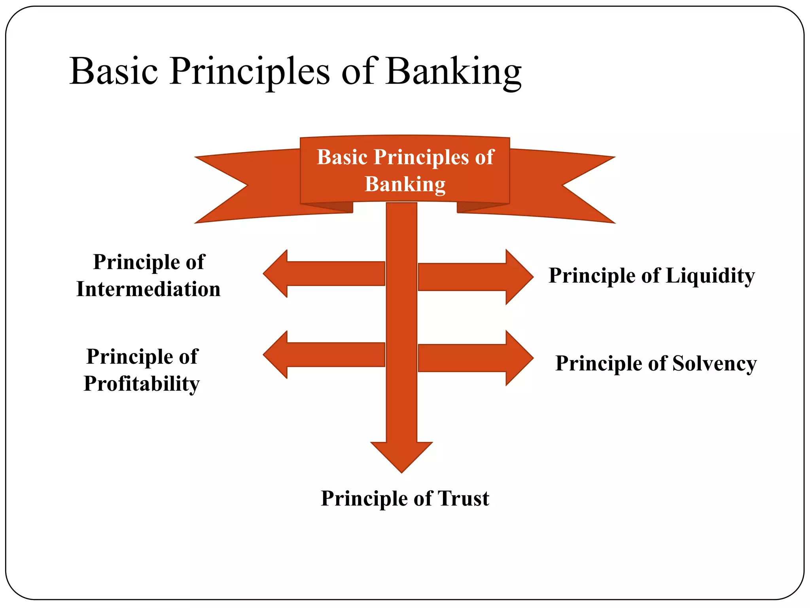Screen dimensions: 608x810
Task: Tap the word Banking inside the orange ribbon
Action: pyautogui.click(x=405, y=184)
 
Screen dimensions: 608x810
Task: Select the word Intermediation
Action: pyautogui.click(x=148, y=289)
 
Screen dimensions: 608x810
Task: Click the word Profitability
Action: pyautogui.click(x=142, y=384)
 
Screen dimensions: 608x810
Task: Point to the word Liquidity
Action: pyautogui.click(x=710, y=275)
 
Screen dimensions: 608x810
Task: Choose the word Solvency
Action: pyautogui.click(x=715, y=363)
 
